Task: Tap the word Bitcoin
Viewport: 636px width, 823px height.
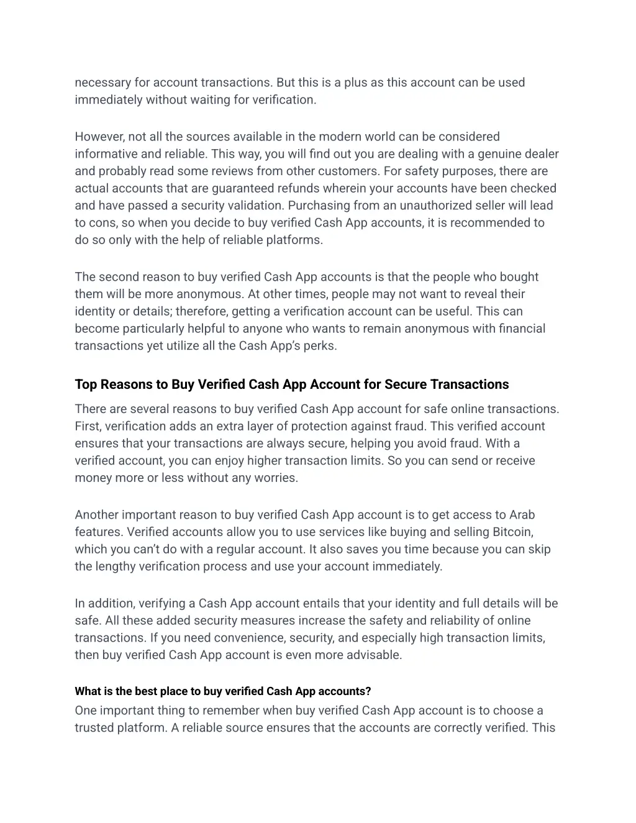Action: click(512, 532)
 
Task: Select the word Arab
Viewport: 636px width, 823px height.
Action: click(522, 515)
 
